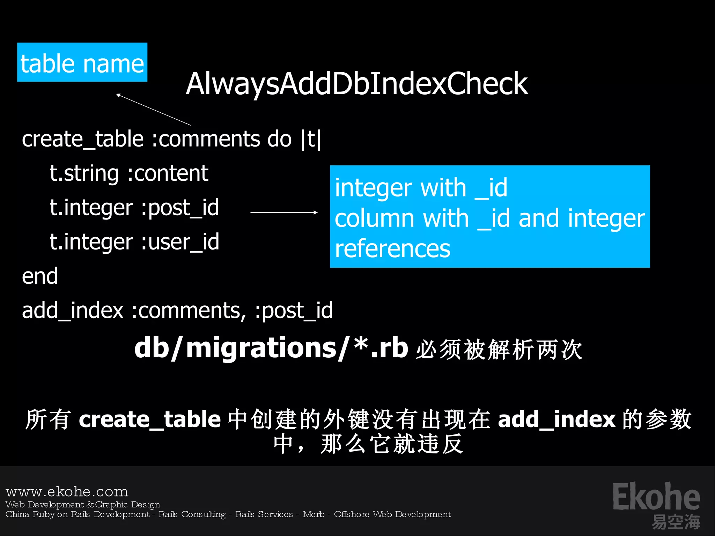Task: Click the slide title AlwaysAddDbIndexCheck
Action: point(356,84)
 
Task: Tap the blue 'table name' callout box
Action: point(82,62)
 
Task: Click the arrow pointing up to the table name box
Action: point(154,109)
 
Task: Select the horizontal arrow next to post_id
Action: point(284,212)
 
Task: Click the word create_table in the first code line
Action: point(83,139)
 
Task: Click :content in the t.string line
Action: point(168,173)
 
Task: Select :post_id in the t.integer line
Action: point(180,208)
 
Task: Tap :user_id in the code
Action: point(180,242)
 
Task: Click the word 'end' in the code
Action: point(40,276)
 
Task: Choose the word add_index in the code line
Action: point(73,310)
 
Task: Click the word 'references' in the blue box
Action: point(392,249)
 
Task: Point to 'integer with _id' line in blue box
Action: point(421,188)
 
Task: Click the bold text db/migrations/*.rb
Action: point(271,348)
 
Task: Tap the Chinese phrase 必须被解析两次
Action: point(499,349)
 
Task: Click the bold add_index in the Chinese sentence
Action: point(556,419)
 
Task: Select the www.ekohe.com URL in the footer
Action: point(67,492)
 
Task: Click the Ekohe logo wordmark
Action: point(656,497)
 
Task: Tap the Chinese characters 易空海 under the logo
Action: point(676,522)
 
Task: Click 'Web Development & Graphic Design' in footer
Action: point(83,505)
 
